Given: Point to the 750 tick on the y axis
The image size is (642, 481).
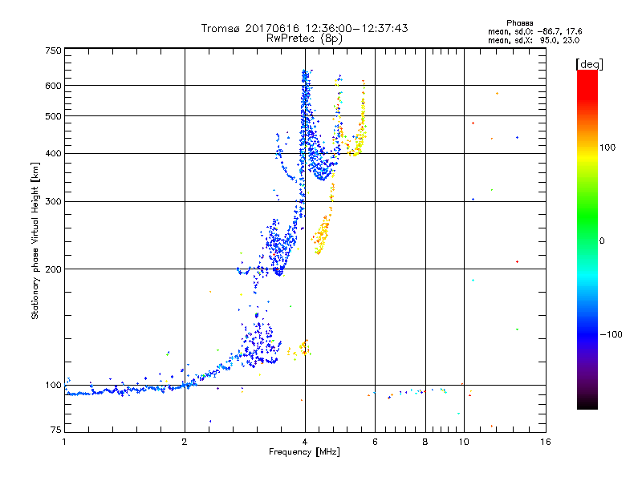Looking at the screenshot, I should pyautogui.click(x=54, y=50).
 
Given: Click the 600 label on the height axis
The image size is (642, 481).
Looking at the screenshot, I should pyautogui.click(x=54, y=85).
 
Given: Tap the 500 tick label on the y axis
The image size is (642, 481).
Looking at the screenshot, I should pyautogui.click(x=54, y=115).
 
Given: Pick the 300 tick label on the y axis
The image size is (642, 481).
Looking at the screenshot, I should pyautogui.click(x=54, y=201).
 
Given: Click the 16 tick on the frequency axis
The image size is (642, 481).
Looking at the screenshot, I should pyautogui.click(x=545, y=442).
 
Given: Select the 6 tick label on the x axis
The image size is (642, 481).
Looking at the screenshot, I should pyautogui.click(x=375, y=442).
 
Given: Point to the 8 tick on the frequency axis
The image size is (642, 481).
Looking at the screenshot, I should pyautogui.click(x=425, y=442).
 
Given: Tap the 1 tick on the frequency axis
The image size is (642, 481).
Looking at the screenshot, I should pyautogui.click(x=64, y=442).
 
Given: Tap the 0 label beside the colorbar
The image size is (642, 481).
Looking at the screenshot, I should pyautogui.click(x=603, y=240).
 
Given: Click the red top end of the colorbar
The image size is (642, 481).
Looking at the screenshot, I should pyautogui.click(x=587, y=75).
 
